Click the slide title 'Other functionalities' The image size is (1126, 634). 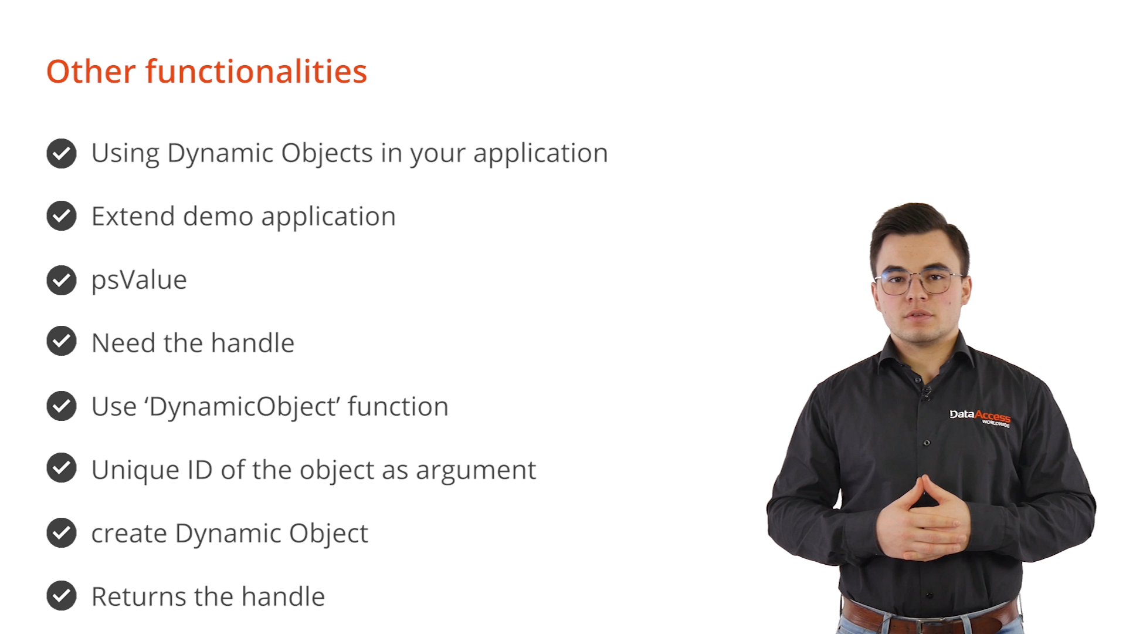coord(206,72)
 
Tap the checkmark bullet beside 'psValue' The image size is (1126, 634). coord(62,280)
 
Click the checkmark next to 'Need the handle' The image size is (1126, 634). coord(62,341)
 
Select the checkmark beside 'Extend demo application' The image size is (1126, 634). coord(62,216)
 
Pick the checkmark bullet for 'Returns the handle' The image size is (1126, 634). coord(62,596)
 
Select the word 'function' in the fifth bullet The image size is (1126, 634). coord(398,406)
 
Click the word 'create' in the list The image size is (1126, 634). coord(130,534)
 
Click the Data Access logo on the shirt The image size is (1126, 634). coord(980,417)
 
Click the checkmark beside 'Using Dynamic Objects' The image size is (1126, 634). coord(62,154)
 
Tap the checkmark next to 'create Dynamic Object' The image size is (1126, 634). coord(62,532)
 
